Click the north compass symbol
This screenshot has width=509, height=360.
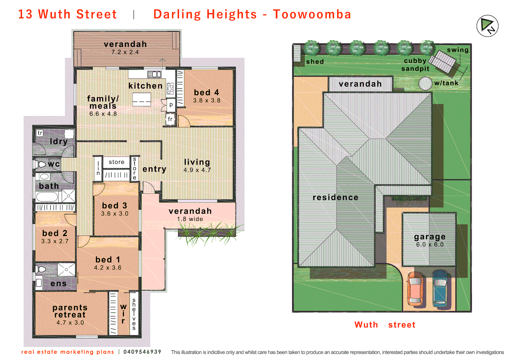[x=487, y=26]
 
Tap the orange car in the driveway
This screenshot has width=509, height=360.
[x=415, y=289]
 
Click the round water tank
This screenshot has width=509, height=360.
[x=425, y=83]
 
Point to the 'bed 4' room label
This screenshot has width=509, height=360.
[x=207, y=92]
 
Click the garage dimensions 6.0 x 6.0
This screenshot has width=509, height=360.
[x=430, y=245]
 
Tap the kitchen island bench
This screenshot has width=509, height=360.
[x=142, y=99]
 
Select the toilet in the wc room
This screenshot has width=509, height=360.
[x=41, y=164]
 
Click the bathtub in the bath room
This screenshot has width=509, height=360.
[x=47, y=197]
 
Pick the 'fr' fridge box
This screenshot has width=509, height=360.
[x=170, y=119]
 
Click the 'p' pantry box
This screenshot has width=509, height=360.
[x=171, y=105]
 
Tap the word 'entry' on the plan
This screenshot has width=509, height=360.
[x=154, y=169]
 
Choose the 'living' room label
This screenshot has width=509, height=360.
[x=197, y=162]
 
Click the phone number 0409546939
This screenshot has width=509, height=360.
[x=142, y=352]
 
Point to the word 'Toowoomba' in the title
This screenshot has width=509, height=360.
[x=312, y=14]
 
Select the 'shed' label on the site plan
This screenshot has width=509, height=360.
[x=315, y=62]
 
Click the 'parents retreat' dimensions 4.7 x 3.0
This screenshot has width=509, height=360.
[x=70, y=323]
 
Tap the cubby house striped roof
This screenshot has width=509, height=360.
[x=442, y=62]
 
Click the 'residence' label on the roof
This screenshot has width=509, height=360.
[x=335, y=197]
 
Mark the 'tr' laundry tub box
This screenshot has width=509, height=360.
[x=40, y=133]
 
